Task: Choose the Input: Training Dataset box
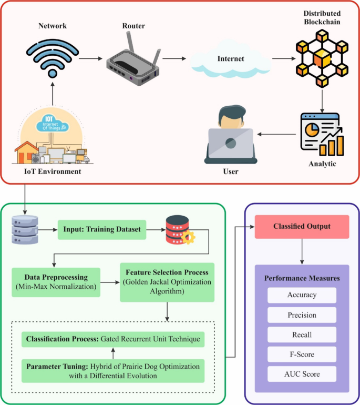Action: click(101, 230)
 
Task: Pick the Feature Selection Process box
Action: click(167, 282)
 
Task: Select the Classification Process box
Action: click(112, 339)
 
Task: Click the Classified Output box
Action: click(302, 227)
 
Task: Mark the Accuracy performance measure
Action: click(302, 295)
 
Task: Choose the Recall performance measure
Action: click(302, 335)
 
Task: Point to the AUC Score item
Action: click(302, 374)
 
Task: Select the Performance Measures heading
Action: click(302, 277)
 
